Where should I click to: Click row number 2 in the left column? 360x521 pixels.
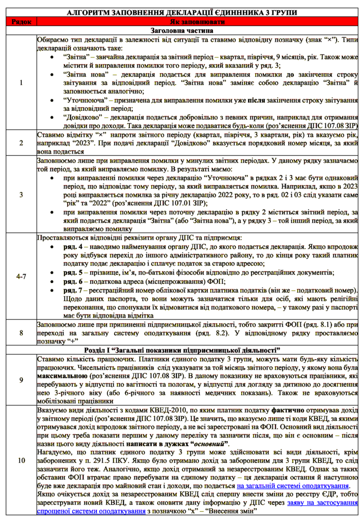pos(21,143)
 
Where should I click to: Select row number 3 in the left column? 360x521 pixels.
pos(21,194)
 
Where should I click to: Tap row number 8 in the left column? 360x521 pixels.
pos(21,333)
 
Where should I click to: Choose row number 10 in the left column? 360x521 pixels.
pos(21,461)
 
